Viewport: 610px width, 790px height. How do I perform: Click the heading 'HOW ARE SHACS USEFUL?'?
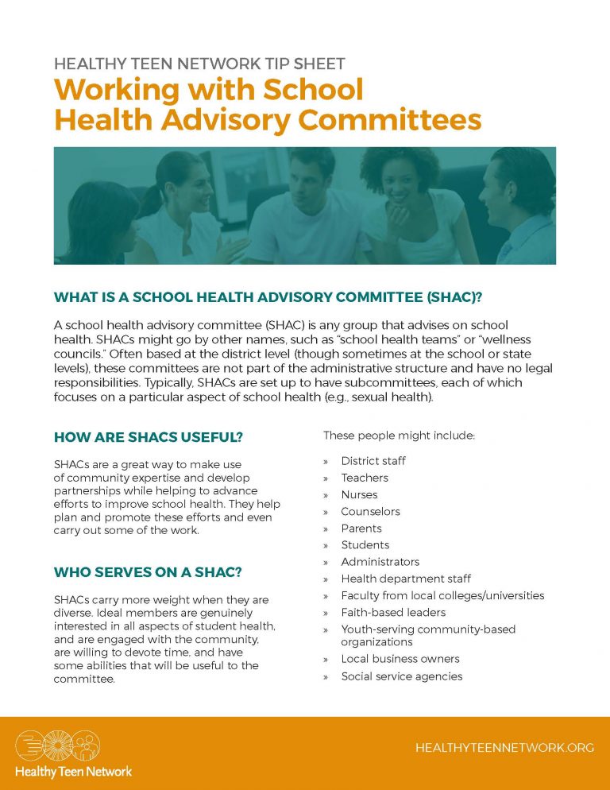(x=148, y=437)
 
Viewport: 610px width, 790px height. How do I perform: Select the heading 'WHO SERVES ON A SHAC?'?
(x=149, y=571)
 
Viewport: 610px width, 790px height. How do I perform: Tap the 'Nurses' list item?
(x=359, y=494)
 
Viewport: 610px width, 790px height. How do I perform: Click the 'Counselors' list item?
(x=370, y=511)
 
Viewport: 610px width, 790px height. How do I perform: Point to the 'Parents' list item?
(x=361, y=528)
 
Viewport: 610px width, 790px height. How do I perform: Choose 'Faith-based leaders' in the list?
(x=393, y=612)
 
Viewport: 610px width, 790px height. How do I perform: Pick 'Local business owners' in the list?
(x=400, y=658)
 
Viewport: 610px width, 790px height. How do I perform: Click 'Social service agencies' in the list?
(x=402, y=676)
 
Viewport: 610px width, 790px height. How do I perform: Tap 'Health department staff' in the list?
(x=406, y=579)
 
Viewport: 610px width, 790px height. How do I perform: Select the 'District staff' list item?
(x=373, y=461)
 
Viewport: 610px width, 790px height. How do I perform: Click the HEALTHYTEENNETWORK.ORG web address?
(x=504, y=748)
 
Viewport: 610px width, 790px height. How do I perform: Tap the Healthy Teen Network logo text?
(x=73, y=771)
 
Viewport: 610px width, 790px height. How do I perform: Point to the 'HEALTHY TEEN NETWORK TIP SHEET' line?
(x=199, y=64)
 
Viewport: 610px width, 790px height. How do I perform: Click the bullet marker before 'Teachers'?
(x=326, y=478)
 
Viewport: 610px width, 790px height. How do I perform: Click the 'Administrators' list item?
(x=380, y=562)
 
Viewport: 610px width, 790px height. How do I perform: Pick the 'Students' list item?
(x=365, y=544)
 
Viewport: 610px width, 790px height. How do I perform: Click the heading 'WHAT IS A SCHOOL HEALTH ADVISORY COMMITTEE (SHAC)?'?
(x=268, y=297)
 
